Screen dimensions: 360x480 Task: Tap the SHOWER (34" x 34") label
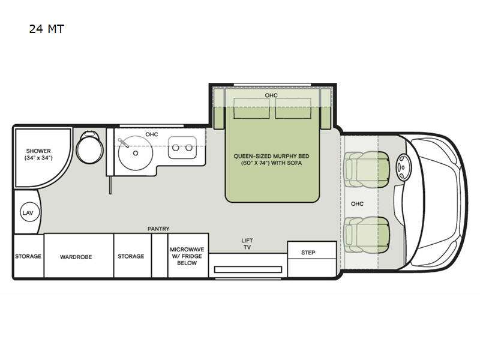(x=38, y=154)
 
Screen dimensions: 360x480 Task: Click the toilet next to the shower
(x=91, y=145)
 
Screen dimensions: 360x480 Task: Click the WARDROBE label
(x=76, y=256)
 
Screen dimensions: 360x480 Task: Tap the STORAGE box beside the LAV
(x=28, y=256)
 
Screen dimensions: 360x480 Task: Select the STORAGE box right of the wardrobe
(x=130, y=256)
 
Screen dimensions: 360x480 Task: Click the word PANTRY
(x=158, y=229)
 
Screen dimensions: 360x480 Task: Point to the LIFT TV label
(x=247, y=243)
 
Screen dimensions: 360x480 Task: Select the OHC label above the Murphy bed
(x=271, y=95)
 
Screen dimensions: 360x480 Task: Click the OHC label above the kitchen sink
(x=151, y=134)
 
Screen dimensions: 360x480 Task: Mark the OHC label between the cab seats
(x=357, y=203)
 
